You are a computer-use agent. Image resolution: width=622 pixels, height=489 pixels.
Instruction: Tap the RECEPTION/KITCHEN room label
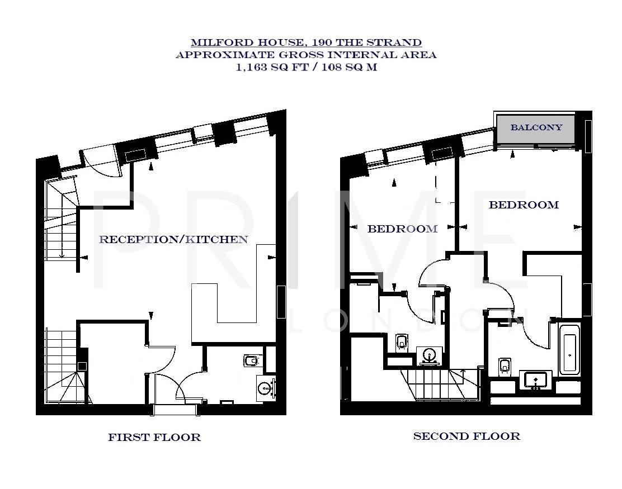[173, 240]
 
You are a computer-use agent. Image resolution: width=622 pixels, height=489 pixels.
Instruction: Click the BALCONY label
[536, 127]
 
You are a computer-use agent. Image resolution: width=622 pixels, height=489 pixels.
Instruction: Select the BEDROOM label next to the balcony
[524, 205]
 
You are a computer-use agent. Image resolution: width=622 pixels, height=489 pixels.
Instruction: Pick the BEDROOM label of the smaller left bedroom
[402, 229]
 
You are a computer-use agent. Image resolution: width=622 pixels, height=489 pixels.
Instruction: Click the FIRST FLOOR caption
[154, 438]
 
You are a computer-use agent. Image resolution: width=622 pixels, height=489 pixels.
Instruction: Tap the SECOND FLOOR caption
[466, 436]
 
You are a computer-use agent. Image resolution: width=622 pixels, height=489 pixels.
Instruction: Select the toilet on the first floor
[251, 361]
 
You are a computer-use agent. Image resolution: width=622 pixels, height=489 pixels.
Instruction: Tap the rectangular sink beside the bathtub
[536, 380]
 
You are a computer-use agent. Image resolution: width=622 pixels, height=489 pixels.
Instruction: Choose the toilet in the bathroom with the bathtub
[505, 368]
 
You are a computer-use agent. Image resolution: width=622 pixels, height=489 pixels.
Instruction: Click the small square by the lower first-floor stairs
[82, 367]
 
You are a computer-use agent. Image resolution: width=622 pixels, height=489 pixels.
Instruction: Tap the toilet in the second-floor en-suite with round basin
[401, 341]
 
